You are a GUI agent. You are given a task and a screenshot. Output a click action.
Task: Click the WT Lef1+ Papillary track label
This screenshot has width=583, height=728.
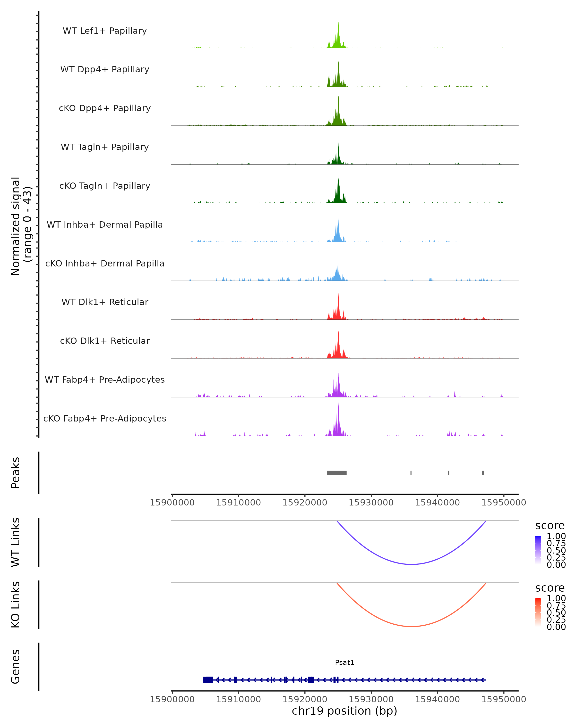[105, 31]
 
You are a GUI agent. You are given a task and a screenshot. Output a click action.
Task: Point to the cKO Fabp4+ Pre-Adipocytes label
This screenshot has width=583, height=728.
[105, 418]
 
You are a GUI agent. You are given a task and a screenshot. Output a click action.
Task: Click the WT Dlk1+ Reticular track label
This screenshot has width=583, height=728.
[105, 302]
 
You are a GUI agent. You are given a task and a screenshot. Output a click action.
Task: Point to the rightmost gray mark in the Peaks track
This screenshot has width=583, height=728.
[483, 473]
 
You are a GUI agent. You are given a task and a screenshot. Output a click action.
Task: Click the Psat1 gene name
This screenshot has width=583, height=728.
[344, 662]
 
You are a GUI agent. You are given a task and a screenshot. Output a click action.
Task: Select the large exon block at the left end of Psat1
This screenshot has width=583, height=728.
[208, 680]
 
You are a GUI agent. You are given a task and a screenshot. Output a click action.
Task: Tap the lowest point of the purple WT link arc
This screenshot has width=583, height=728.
[411, 564]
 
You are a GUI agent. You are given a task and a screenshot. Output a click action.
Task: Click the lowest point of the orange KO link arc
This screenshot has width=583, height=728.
[411, 626]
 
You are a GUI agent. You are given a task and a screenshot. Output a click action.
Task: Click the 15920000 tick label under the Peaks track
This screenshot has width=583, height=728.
[305, 503]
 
